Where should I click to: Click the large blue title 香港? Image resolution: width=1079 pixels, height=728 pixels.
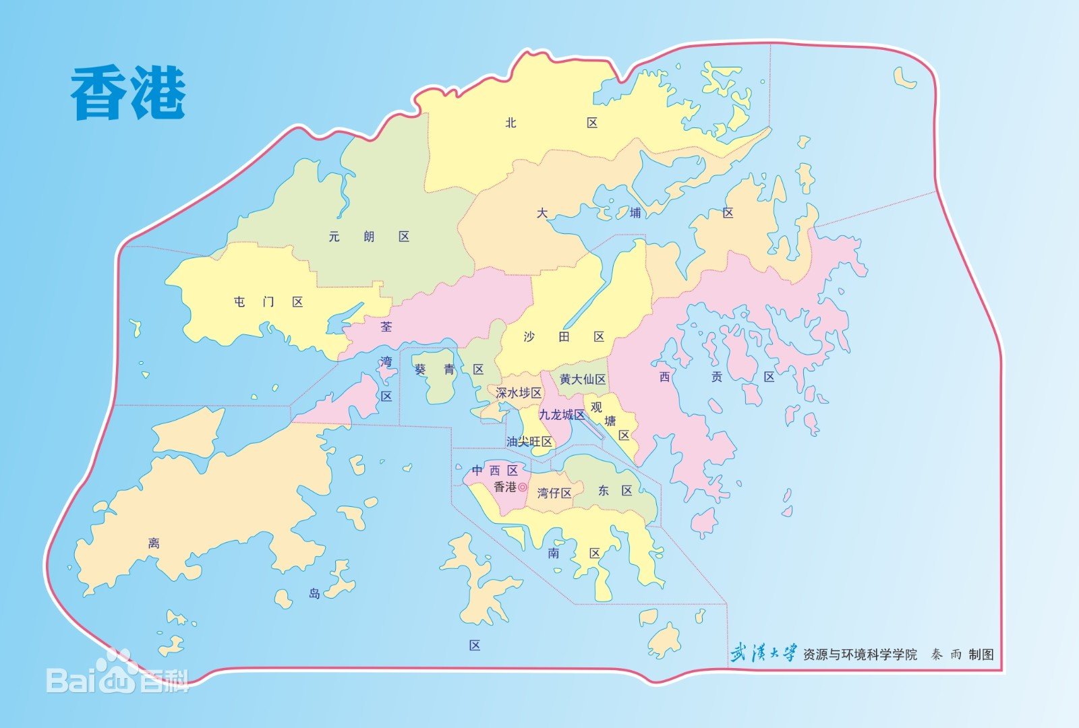tap(128, 94)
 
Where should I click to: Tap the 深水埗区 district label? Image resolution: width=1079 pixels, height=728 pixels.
tap(518, 392)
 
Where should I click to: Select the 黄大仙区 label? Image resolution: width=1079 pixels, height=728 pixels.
tap(583, 380)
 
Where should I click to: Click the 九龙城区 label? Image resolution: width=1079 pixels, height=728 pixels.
tap(561, 415)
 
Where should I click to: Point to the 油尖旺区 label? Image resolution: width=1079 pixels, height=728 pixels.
tap(529, 442)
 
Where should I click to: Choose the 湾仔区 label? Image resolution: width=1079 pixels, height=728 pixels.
tap(554, 493)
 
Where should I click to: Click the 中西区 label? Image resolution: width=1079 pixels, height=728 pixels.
tap(495, 470)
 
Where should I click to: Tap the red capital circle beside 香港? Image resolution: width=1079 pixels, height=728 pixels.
tap(523, 487)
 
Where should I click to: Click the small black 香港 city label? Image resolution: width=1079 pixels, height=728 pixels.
tap(505, 487)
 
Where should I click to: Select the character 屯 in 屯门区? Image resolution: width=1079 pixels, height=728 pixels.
tap(239, 302)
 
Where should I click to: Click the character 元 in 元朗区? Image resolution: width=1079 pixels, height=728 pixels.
tap(334, 237)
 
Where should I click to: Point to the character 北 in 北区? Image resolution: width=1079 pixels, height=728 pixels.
tap(511, 123)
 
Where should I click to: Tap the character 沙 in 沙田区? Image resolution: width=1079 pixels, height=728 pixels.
tap(529, 336)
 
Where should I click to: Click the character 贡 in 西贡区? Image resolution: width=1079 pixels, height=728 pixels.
tap(717, 377)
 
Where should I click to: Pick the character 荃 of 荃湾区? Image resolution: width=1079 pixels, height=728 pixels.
tap(386, 327)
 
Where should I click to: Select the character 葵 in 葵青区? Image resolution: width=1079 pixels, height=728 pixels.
tap(420, 369)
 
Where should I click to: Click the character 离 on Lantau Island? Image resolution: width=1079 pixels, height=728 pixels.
tap(154, 543)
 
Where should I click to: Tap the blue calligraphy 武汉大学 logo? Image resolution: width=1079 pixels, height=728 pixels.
tap(763, 653)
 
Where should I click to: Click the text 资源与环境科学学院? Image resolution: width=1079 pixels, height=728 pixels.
tap(860, 654)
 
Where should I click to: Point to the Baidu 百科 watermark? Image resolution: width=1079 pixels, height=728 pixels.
tap(118, 676)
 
